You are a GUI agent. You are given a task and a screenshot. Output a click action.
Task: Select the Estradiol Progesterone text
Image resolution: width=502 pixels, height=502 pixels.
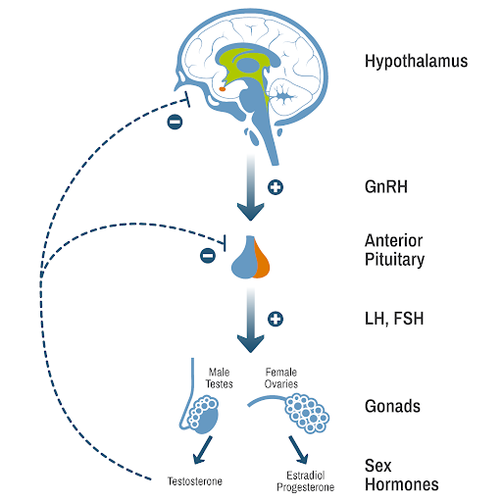303,480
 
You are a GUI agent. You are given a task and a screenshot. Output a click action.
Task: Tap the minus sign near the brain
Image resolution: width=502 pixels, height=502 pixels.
175,123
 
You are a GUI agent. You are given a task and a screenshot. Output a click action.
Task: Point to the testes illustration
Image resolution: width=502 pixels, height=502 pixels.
207,414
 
